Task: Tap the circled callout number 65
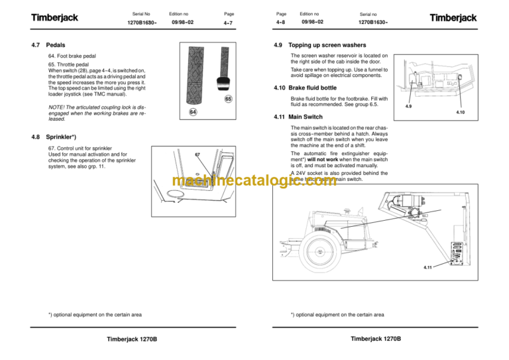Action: pos(227,99)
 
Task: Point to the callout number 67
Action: pos(197,154)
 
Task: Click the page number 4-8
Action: pos(281,23)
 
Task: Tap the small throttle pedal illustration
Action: pos(224,82)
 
